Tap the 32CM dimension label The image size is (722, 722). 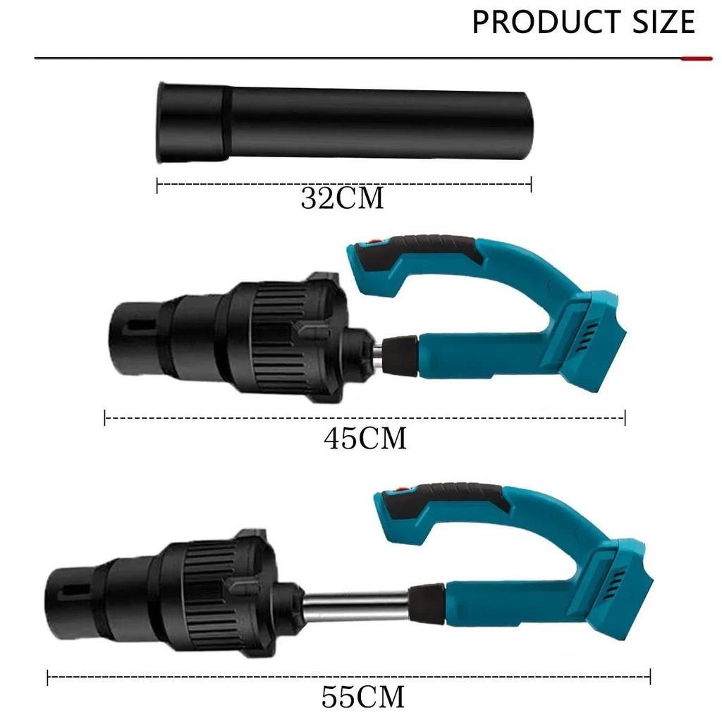coord(342,199)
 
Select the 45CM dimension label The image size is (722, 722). coord(365,439)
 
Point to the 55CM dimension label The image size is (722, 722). coord(363,697)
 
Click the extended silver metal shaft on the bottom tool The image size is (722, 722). coord(356,605)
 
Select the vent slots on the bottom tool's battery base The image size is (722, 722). coord(618,584)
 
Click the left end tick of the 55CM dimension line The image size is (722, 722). coord(48,678)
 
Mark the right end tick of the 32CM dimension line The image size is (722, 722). coord(530,185)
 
